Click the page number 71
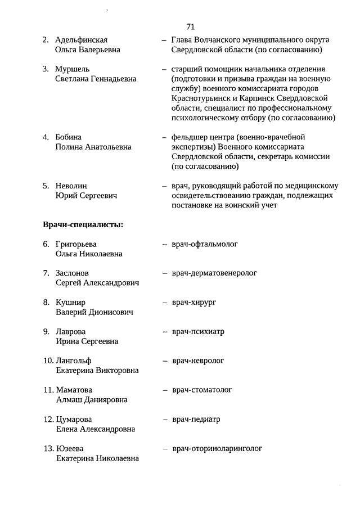[x=190, y=26]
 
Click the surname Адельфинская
[x=82, y=40]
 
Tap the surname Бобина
[x=69, y=137]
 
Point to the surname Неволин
[x=71, y=186]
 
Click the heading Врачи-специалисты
[x=83, y=225]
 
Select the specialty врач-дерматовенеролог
[x=214, y=273]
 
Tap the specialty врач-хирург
[x=194, y=302]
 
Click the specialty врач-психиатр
[x=198, y=331]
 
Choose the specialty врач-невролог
[x=198, y=361]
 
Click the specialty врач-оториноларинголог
[x=217, y=448]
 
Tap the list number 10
[x=48, y=361]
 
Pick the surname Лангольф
[x=74, y=361]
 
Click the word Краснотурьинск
[x=199, y=98]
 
